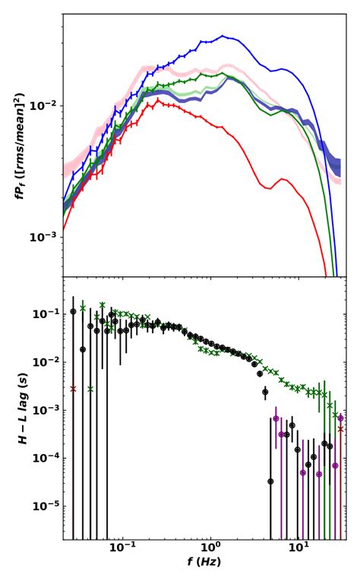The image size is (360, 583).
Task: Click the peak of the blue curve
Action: tap(223, 35)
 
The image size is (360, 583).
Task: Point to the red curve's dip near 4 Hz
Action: tap(267, 188)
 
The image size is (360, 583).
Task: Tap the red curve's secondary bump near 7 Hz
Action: tap(283, 179)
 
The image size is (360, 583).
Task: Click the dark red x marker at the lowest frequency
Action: tap(73, 389)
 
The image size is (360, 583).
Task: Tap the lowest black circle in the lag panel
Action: tap(270, 481)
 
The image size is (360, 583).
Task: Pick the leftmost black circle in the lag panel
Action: tap(73, 311)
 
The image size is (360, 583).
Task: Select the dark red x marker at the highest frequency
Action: tap(341, 429)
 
